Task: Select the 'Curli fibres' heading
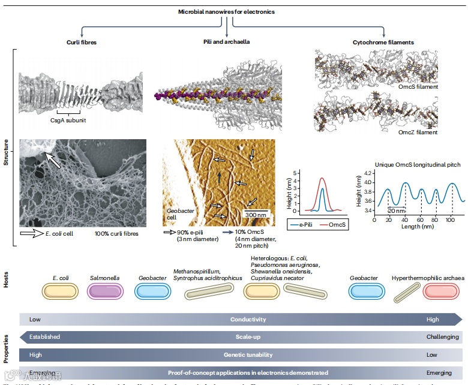tap(81, 43)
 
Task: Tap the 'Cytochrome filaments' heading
tap(383, 43)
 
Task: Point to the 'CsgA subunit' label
tap(67, 119)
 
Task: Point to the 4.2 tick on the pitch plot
tap(352, 173)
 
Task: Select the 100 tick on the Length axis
tap(451, 221)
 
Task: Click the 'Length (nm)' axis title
tap(412, 227)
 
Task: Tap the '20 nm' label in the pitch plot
tap(380, 211)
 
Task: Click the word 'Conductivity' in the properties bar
tap(248, 320)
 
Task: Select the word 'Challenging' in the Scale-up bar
tap(443, 337)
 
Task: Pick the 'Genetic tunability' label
tap(248, 355)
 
